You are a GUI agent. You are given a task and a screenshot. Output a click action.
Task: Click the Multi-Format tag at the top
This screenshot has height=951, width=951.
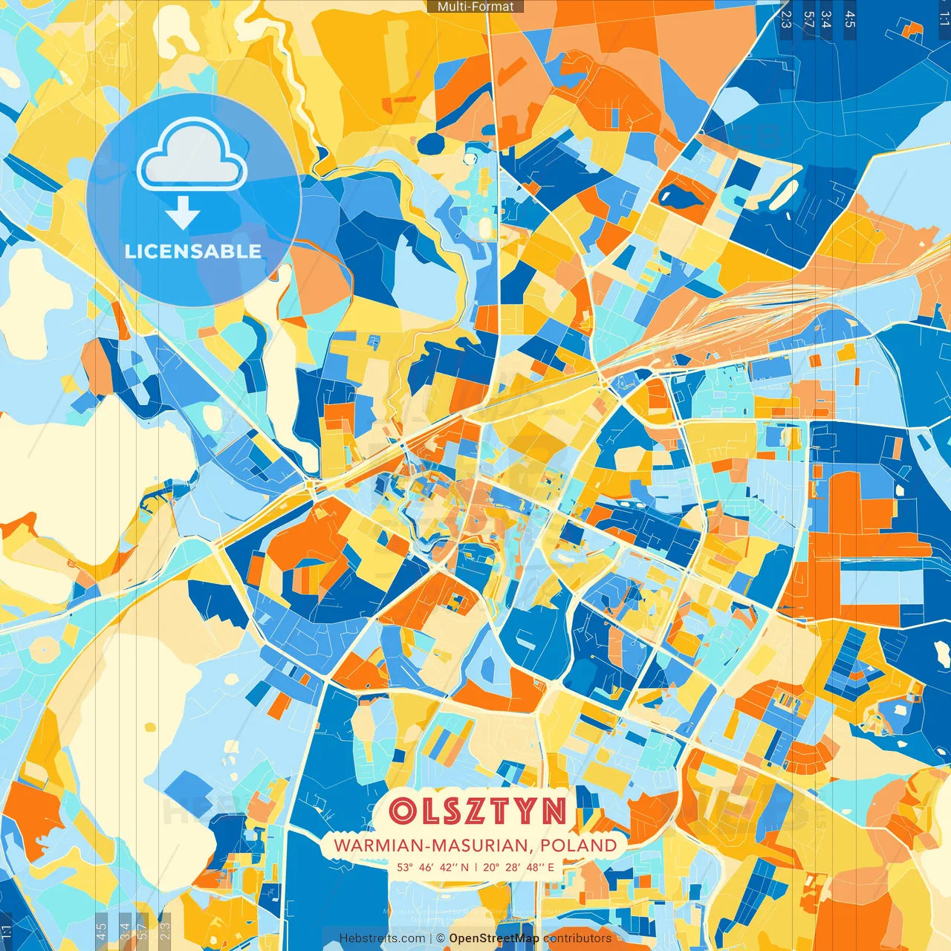[x=475, y=7]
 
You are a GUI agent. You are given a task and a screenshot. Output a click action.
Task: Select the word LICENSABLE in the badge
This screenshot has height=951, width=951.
[x=193, y=251]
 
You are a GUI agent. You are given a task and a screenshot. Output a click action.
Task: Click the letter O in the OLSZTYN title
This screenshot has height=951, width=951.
[x=404, y=811]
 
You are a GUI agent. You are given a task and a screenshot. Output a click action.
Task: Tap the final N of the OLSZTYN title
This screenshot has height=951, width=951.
[x=554, y=811]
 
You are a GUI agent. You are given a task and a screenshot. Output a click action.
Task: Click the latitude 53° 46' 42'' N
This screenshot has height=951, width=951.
[x=432, y=867]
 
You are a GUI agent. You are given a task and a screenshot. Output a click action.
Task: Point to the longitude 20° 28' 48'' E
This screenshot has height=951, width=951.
[x=519, y=867]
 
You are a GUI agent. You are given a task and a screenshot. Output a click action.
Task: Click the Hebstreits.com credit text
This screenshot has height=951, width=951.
[x=382, y=938]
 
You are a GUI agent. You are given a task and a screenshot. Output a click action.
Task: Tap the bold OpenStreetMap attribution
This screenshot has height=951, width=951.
[x=494, y=938]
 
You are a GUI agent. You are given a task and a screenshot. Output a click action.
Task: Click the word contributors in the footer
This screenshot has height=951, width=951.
[x=577, y=938]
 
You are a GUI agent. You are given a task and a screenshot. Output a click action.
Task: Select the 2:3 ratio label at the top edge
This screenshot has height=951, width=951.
[x=786, y=19]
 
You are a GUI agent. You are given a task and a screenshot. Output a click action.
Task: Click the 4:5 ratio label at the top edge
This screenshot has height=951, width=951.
[x=850, y=19]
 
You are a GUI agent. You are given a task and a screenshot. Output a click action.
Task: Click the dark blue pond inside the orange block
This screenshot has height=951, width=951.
[x=681, y=195]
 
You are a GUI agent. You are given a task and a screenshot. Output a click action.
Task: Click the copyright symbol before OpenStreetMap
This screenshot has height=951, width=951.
[x=441, y=938]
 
